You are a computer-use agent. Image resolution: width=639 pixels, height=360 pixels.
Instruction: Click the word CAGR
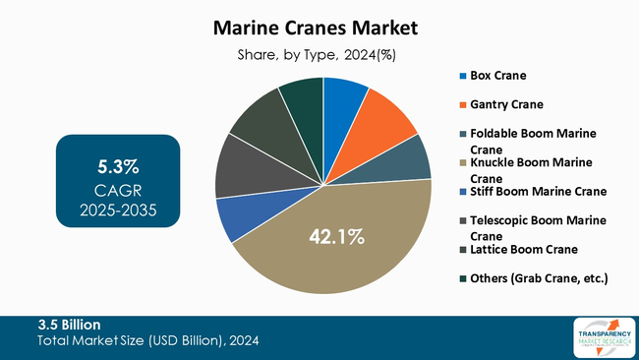pos(118,189)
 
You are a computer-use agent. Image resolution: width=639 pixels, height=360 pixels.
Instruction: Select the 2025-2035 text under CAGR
pos(118,210)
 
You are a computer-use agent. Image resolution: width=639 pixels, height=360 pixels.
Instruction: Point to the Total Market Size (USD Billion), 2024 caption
pos(148,340)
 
